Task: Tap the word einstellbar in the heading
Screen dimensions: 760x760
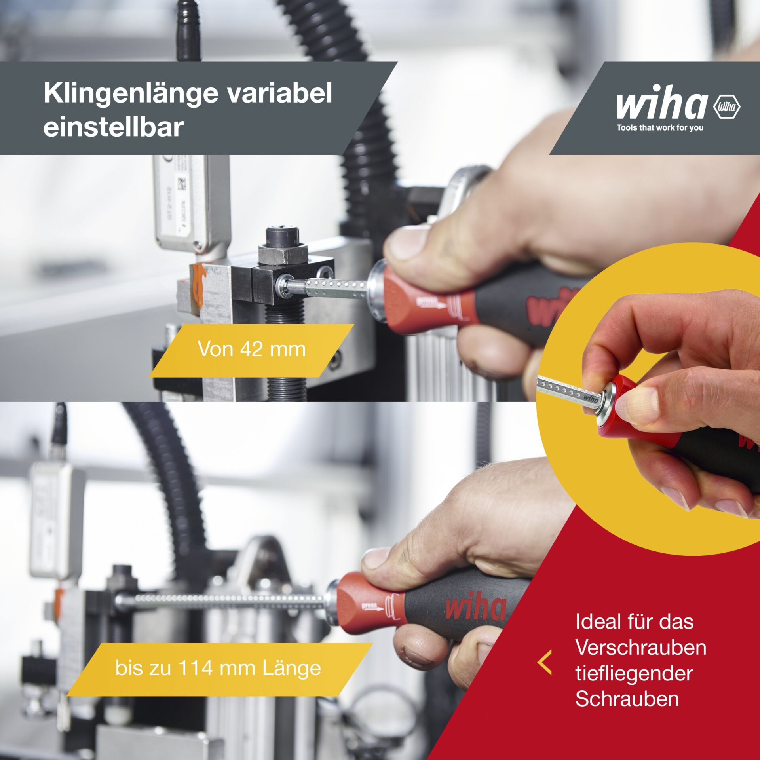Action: (x=114, y=127)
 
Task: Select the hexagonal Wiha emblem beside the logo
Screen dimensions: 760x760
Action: (x=726, y=107)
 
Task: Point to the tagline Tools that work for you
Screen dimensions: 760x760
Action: (x=660, y=128)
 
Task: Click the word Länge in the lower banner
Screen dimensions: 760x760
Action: (x=292, y=668)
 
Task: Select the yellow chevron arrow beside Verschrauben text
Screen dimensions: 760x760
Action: (x=545, y=662)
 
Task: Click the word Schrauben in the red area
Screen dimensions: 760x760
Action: (x=627, y=699)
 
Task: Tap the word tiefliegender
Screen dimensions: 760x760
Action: (x=634, y=673)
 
